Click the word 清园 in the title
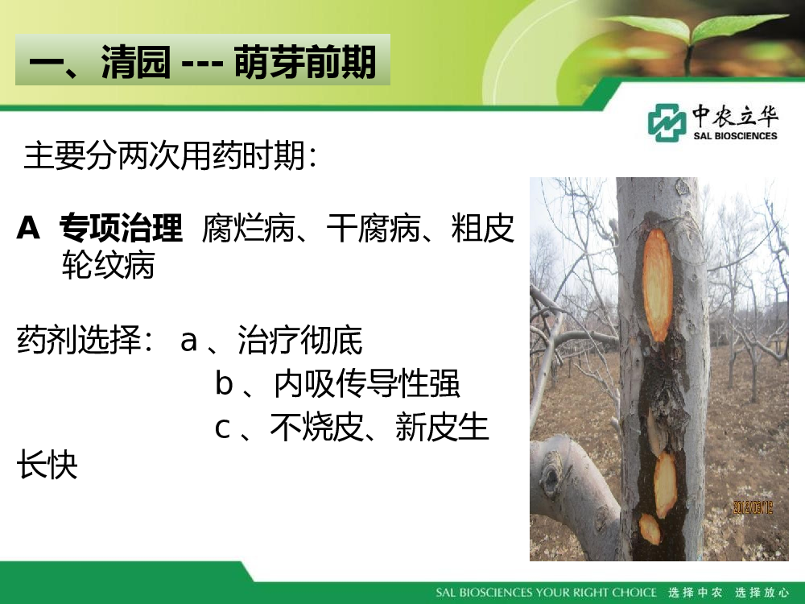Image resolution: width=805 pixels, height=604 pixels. (x=135, y=62)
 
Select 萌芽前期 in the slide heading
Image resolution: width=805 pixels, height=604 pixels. (x=305, y=62)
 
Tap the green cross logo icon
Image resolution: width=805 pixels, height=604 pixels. (x=667, y=122)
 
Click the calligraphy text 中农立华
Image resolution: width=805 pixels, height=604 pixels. (x=735, y=115)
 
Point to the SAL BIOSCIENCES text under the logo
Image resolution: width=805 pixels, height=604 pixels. (x=735, y=136)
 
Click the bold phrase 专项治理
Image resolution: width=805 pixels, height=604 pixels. (x=121, y=228)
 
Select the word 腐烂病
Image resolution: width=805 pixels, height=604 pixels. (x=248, y=228)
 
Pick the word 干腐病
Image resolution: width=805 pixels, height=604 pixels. (x=374, y=228)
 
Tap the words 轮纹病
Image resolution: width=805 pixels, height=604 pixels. (x=108, y=265)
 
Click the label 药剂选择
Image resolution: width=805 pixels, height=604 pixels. (x=79, y=340)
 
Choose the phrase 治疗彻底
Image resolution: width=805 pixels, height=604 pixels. (x=299, y=340)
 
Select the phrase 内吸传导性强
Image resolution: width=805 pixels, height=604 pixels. (x=366, y=383)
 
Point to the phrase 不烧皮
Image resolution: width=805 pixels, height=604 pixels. (x=316, y=428)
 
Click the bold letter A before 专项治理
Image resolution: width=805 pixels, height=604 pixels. (x=28, y=228)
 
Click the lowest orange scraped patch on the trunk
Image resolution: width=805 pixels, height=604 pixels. (x=650, y=528)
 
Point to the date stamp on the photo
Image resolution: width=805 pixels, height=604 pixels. (x=753, y=508)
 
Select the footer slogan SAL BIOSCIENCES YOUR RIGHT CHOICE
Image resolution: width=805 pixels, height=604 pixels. (x=546, y=593)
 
